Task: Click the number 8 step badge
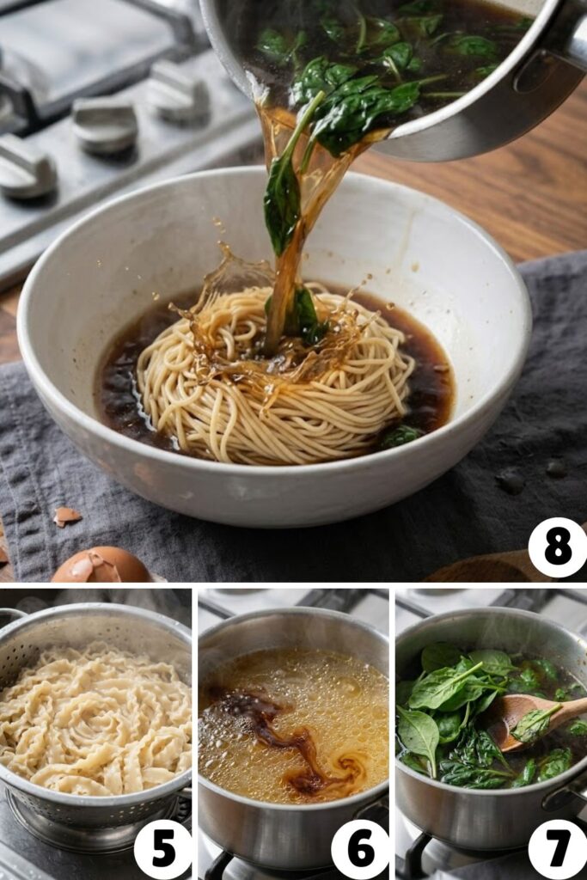tap(557, 547)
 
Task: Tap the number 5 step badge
tap(162, 848)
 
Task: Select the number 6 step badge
tap(359, 848)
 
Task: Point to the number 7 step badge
tap(557, 848)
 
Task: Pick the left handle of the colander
tap(10, 616)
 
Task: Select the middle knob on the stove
tap(104, 125)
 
